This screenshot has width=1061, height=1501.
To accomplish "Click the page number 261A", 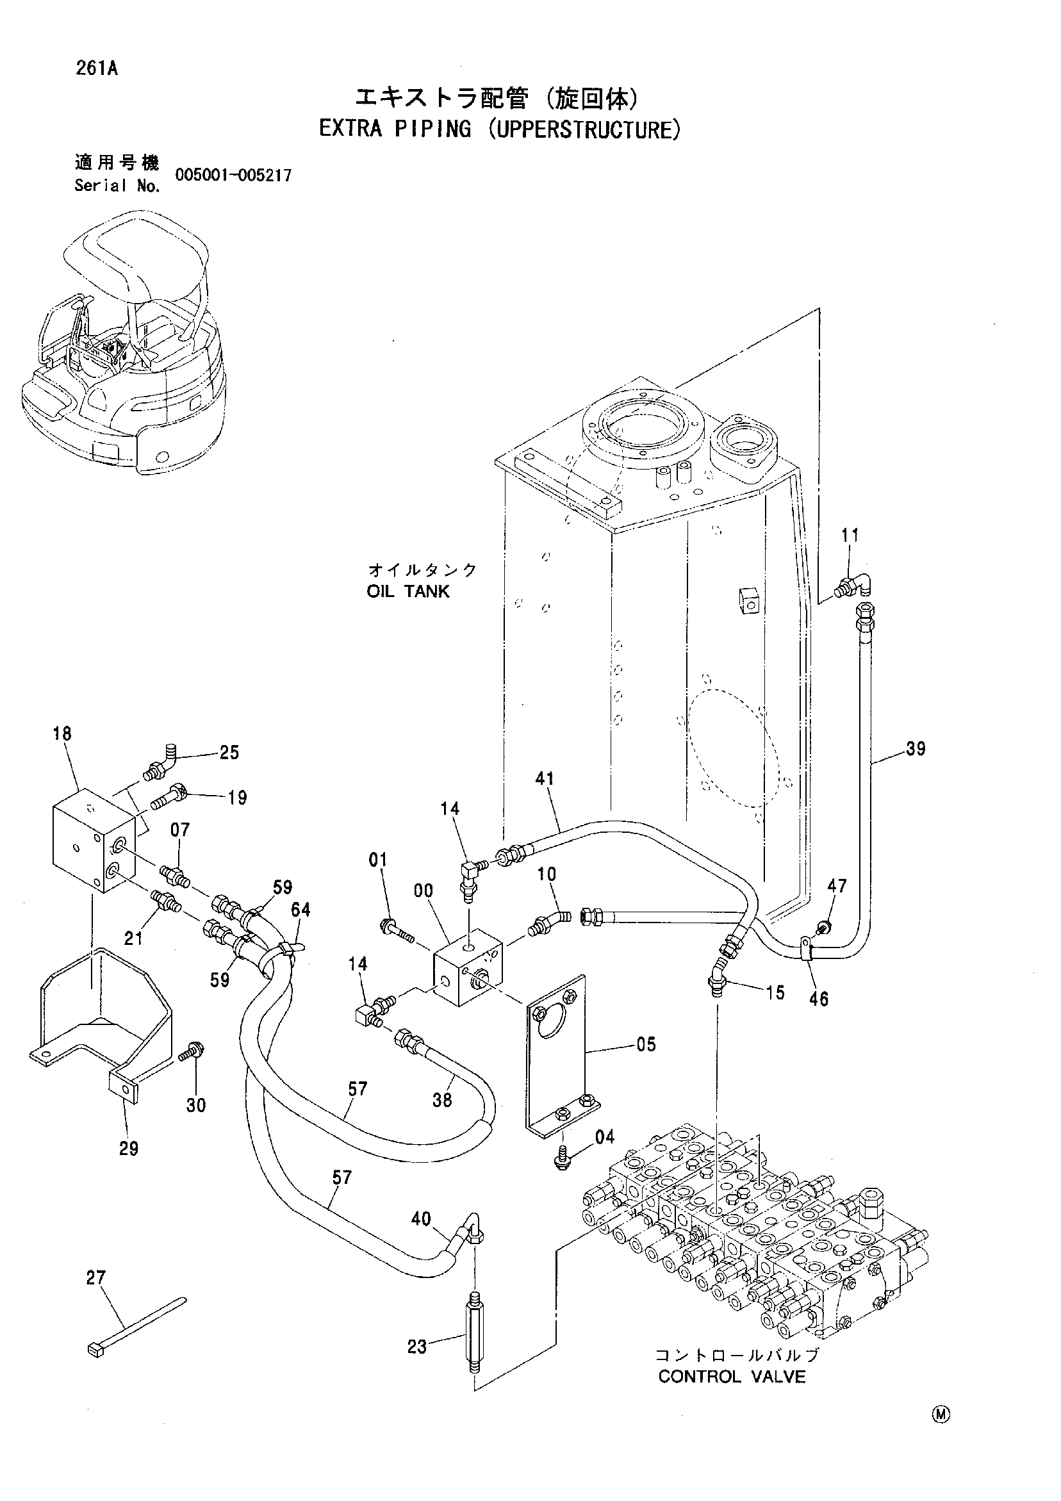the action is [96, 68].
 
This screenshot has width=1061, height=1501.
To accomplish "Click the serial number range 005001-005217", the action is [233, 174].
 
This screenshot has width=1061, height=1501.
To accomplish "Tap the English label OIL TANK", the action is [408, 591].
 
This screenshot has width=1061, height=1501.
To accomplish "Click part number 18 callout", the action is [62, 734].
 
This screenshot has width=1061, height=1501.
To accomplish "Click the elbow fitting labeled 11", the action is [853, 583].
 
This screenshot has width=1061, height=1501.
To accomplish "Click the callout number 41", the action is [545, 778].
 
